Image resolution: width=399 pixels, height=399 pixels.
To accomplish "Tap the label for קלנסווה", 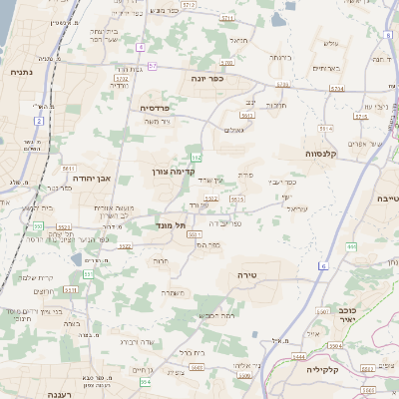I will [x=324, y=155].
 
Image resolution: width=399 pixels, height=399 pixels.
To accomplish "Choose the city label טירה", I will [x=248, y=273].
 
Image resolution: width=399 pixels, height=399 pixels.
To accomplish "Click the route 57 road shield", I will [x=153, y=66].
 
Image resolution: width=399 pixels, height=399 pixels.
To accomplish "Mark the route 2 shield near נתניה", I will [x=40, y=120].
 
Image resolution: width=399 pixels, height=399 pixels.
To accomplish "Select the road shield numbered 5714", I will [x=336, y=88].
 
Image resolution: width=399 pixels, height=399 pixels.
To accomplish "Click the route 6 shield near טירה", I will [x=323, y=266].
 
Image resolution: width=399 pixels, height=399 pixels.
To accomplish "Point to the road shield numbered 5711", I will [x=227, y=19].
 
